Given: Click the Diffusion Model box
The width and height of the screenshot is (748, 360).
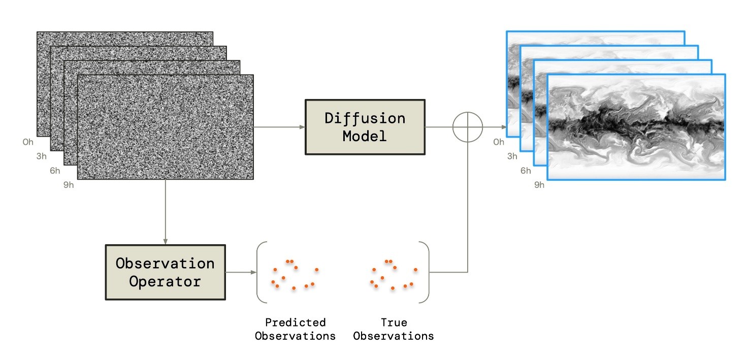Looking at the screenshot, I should [x=365, y=127].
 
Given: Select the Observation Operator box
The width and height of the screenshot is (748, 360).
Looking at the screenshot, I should [x=165, y=272].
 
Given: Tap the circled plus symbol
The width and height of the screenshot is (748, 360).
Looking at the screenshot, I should [x=467, y=127].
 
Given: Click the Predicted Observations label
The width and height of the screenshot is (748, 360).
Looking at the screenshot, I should [x=295, y=329].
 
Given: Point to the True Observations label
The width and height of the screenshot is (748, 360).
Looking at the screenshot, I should [x=394, y=329].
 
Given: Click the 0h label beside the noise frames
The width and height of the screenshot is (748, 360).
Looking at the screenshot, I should [x=28, y=142].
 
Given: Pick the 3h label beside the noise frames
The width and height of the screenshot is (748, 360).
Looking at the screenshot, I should [x=42, y=156].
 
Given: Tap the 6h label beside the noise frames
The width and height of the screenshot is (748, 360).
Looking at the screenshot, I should [x=55, y=171].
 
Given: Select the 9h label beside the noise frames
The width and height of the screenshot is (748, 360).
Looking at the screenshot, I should [x=69, y=185].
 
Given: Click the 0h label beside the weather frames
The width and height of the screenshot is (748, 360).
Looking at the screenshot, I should [x=499, y=142].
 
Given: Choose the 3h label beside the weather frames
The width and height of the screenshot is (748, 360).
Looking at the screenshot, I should [x=512, y=156].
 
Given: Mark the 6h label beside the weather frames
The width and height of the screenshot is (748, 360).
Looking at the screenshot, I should [x=526, y=171].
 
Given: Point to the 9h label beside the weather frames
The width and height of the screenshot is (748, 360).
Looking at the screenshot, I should [x=539, y=185].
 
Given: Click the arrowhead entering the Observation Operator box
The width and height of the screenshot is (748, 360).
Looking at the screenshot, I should [x=165, y=241].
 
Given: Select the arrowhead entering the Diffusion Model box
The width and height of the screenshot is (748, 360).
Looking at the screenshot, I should [x=301, y=127].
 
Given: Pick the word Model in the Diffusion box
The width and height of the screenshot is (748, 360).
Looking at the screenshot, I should [x=364, y=136].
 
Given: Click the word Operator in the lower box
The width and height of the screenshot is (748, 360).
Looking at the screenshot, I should [x=165, y=281].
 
